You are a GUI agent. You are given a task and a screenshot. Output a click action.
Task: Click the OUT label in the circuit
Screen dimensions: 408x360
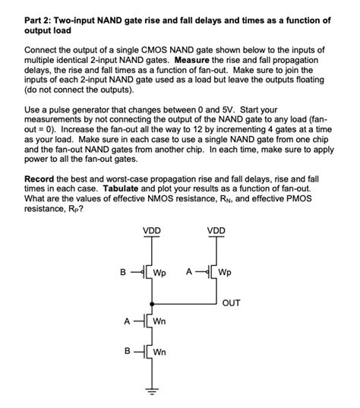(231, 302)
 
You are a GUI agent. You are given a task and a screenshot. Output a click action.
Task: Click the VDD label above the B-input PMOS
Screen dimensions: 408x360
(151, 230)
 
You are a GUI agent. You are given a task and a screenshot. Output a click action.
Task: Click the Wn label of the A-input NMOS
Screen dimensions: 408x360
(159, 321)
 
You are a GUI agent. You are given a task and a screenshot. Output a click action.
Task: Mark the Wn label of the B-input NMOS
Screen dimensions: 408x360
(159, 353)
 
